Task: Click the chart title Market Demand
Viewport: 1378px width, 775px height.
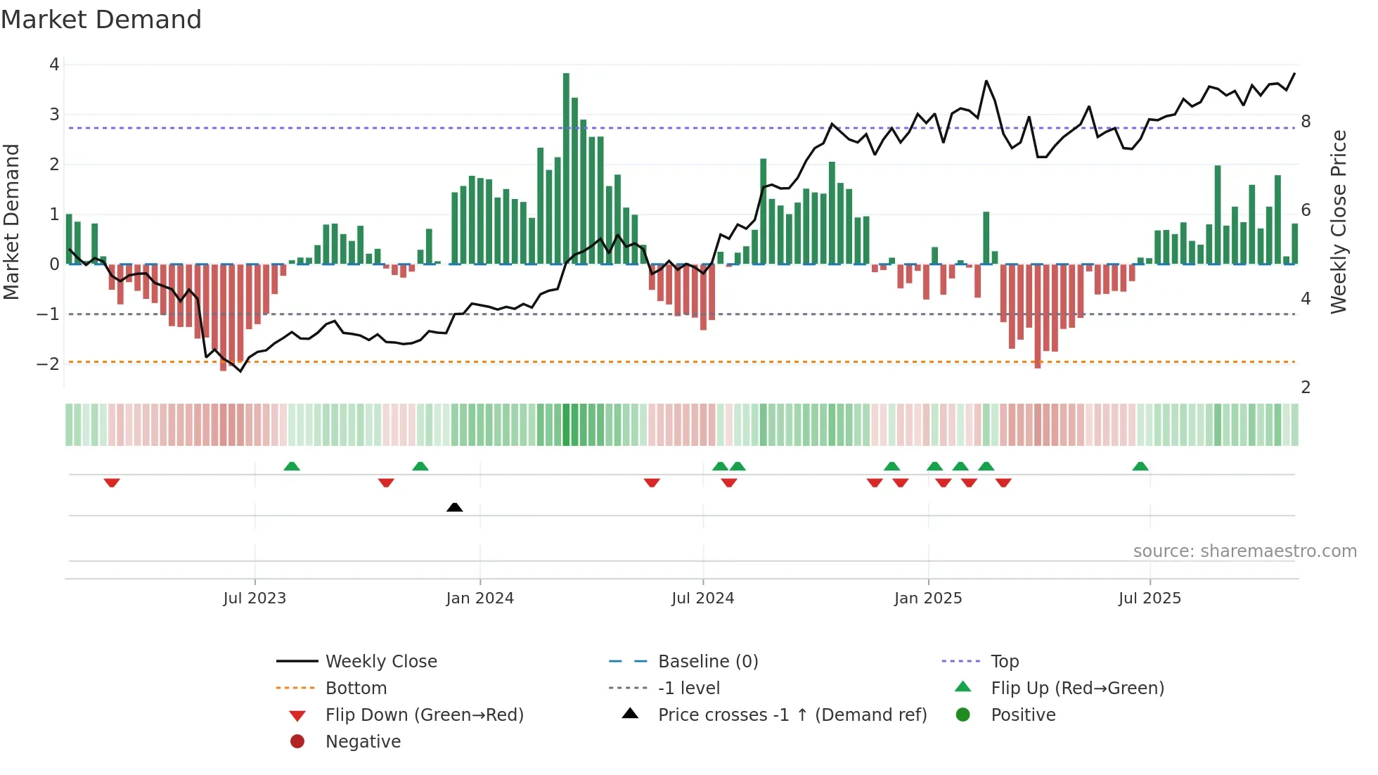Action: (x=101, y=20)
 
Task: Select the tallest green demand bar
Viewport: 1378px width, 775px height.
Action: (x=566, y=169)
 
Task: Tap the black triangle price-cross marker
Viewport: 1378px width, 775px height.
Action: (x=455, y=507)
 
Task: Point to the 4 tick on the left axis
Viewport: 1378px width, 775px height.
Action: (x=54, y=65)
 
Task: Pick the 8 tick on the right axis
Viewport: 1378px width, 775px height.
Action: (x=1306, y=122)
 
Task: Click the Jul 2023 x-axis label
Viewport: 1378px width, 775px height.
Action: (x=255, y=598)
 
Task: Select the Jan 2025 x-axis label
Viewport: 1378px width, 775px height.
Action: (x=928, y=598)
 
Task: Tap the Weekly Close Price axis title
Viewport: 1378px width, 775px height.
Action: (x=1339, y=222)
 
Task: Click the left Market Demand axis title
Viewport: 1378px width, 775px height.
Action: (x=12, y=222)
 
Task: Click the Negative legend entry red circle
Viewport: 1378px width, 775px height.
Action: (x=297, y=741)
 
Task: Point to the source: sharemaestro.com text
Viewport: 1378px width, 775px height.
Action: (x=1244, y=551)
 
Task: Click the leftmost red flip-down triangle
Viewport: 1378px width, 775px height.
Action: (x=112, y=482)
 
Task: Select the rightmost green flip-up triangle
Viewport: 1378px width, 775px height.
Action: (x=1140, y=466)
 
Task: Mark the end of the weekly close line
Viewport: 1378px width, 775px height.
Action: (x=1294, y=74)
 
